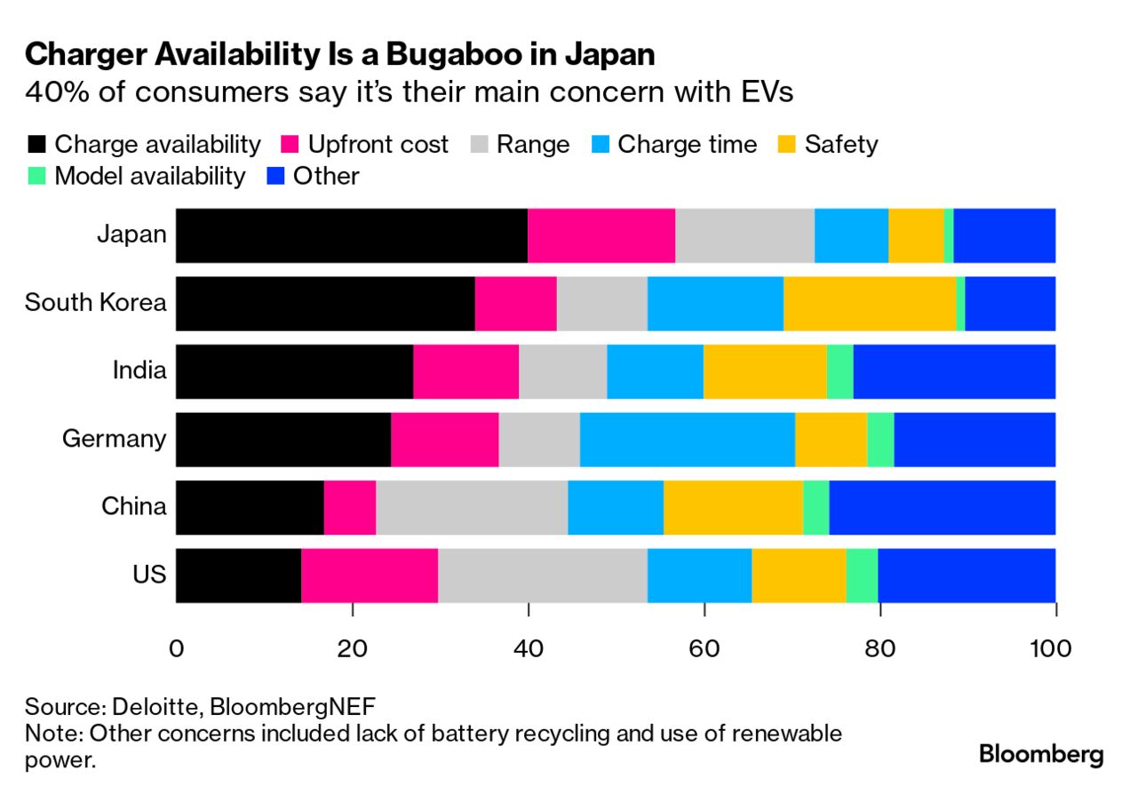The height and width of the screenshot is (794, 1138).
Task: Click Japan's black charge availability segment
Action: pos(351,235)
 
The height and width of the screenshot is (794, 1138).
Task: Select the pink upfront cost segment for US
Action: pos(370,576)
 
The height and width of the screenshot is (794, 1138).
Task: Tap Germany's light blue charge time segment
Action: pos(687,440)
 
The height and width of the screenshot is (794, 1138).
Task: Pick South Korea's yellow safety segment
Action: pos(870,304)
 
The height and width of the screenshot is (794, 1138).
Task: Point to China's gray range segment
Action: pos(472,508)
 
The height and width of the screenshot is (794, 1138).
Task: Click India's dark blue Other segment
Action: pos(954,371)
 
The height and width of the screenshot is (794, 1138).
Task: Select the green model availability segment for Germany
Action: pos(879,440)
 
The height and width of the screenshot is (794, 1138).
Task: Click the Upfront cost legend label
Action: pos(378,145)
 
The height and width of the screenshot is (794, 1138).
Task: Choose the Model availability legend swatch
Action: pos(36,176)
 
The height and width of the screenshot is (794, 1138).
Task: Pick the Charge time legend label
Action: pos(687,145)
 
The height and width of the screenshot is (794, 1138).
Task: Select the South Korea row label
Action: pos(95,303)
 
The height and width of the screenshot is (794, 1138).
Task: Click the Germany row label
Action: pos(114,439)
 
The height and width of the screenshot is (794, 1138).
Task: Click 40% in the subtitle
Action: pos(56,92)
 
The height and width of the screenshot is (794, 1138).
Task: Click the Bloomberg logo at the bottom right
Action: pos(1041,755)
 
